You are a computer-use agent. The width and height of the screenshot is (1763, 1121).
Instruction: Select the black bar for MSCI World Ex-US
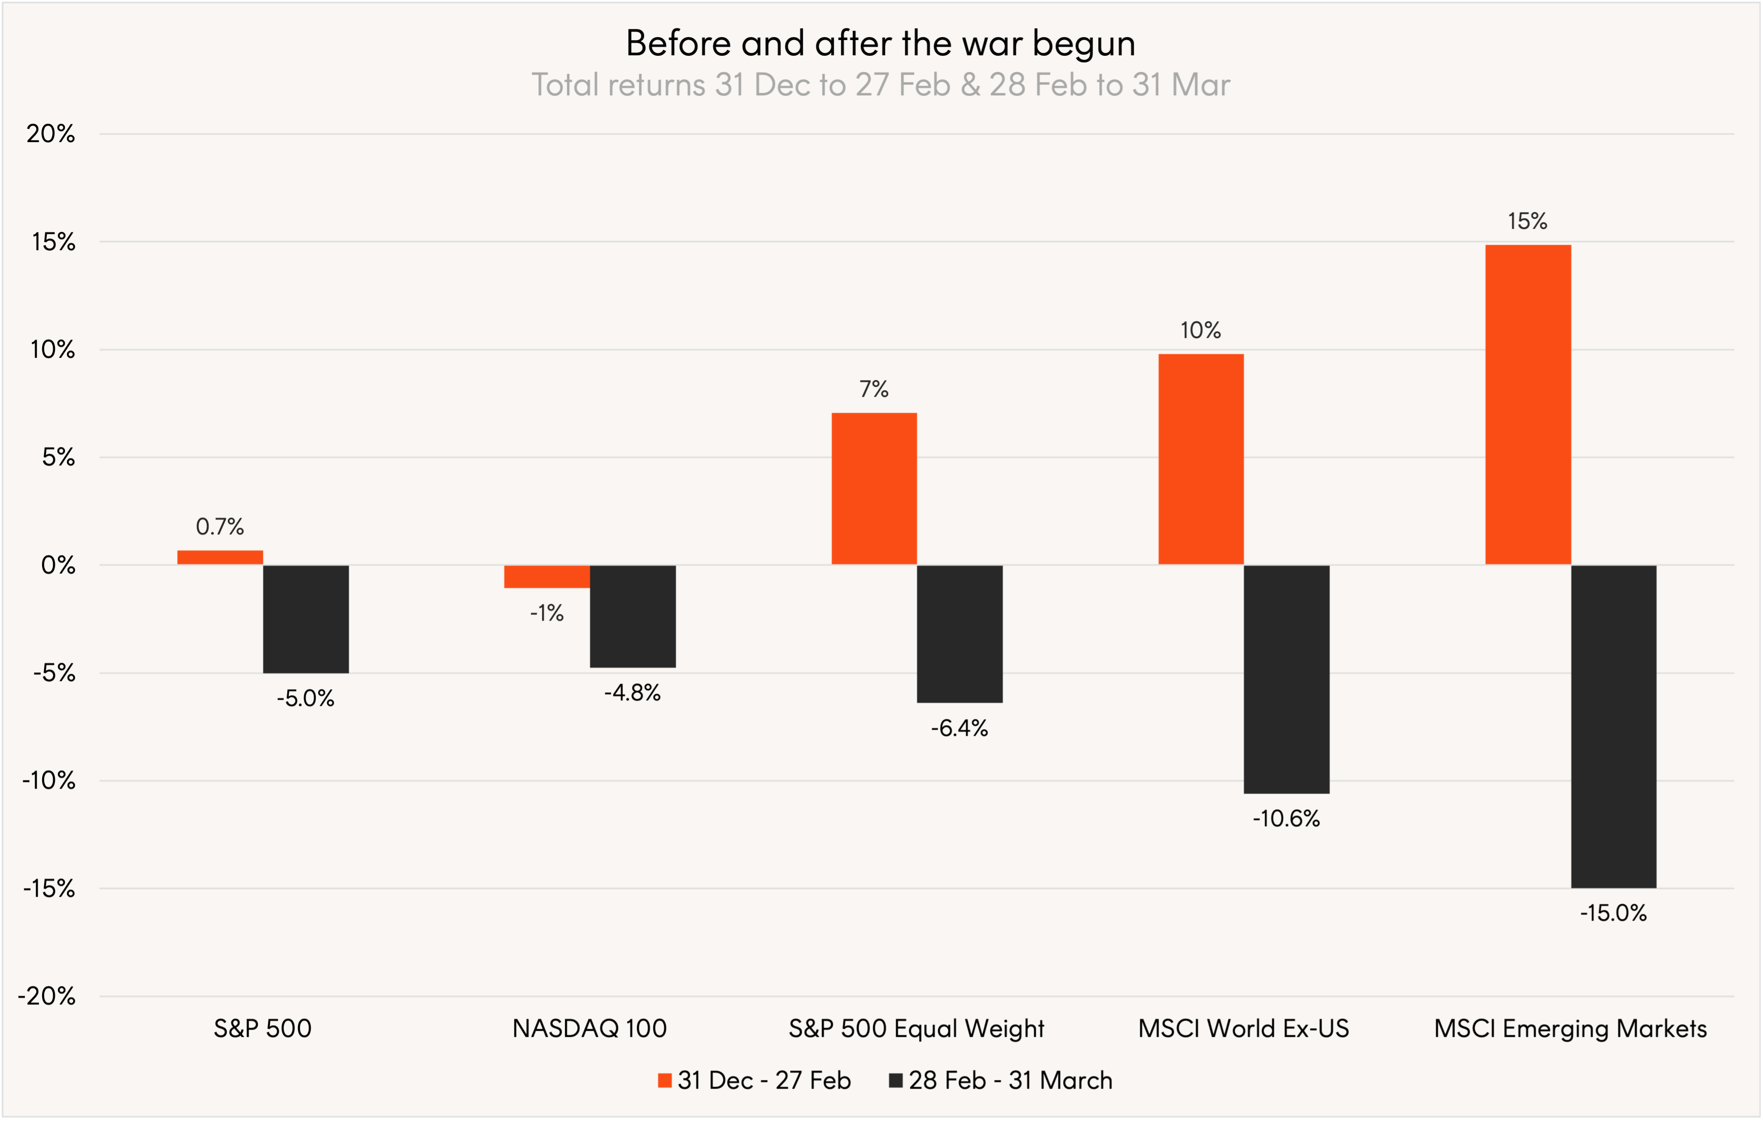pos(1286,679)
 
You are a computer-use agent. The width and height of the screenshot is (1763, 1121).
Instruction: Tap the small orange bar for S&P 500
pos(220,557)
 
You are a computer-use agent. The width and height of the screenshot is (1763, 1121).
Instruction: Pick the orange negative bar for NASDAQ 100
pos(547,576)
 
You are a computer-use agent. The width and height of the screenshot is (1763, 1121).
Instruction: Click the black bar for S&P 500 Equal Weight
pos(959,633)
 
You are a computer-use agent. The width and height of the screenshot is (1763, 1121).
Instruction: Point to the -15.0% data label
pos(1613,913)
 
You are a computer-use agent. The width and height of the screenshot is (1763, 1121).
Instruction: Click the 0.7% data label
pos(220,526)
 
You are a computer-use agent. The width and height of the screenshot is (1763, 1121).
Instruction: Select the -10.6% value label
pos(1286,819)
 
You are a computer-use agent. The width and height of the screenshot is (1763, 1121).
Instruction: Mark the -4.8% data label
pos(632,693)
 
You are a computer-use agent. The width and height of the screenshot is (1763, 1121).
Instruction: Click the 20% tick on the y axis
pos(51,133)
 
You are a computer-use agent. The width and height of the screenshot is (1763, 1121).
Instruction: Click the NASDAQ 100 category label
pos(589,1028)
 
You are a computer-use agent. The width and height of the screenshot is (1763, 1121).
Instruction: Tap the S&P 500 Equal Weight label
pos(916,1028)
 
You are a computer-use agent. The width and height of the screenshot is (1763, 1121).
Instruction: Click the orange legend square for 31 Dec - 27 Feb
pos(665,1081)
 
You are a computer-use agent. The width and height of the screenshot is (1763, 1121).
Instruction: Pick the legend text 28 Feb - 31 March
pos(1010,1081)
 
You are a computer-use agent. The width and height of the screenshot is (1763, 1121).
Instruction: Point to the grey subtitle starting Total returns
pos(881,85)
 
